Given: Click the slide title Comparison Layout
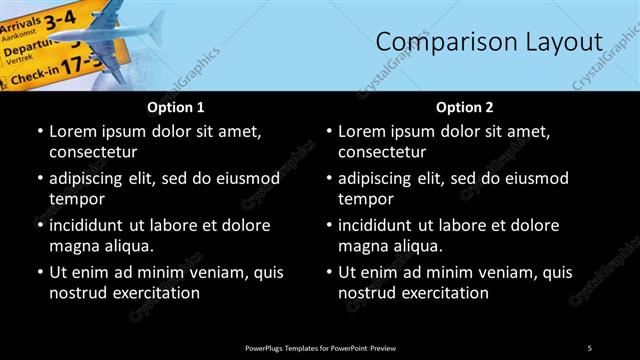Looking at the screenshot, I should (488, 42).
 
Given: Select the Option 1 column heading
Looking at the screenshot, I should (175, 107).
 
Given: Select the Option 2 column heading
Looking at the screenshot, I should (465, 107).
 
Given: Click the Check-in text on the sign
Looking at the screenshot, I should (31, 74).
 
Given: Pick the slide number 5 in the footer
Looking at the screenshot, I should (589, 347).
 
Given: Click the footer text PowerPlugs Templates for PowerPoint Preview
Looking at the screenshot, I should (320, 347).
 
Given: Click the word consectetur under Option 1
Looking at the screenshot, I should (93, 152).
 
